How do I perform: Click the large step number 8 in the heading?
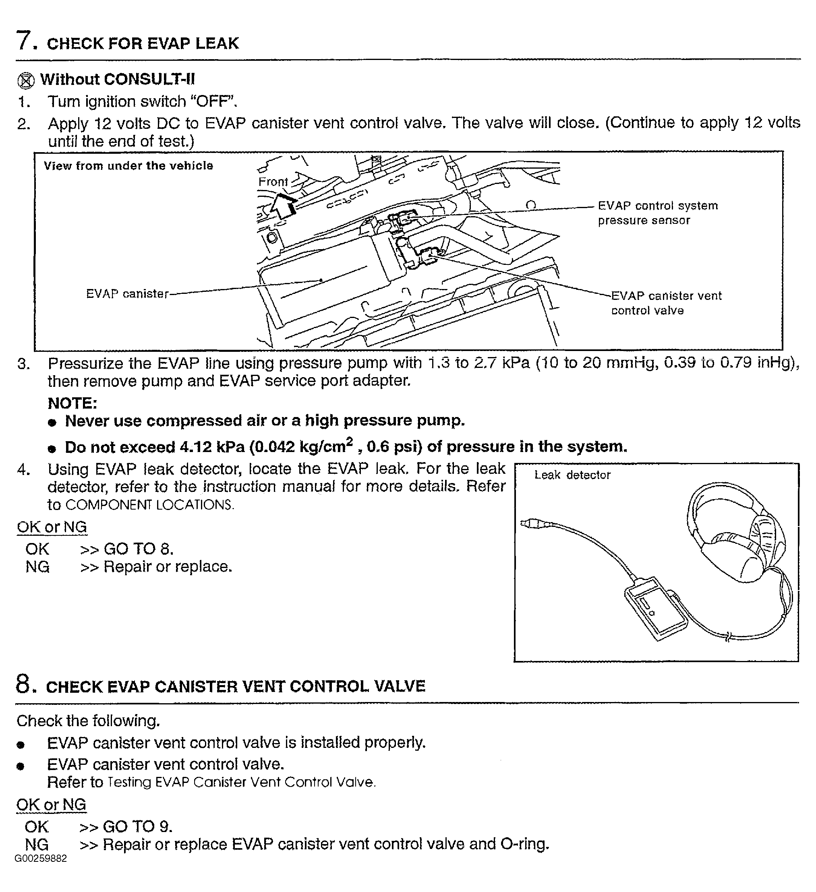pos(23,683)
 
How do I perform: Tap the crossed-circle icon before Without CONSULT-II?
pos(26,81)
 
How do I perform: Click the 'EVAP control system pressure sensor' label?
pos(657,213)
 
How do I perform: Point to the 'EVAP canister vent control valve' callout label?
pos(666,303)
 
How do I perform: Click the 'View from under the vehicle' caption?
pos(128,166)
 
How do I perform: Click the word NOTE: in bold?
pos(72,403)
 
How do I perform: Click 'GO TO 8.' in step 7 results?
pos(138,549)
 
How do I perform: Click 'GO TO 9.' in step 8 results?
pos(137,826)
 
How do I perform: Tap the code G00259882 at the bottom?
pos(41,858)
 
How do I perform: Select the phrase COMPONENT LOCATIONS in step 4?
pos(149,505)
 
